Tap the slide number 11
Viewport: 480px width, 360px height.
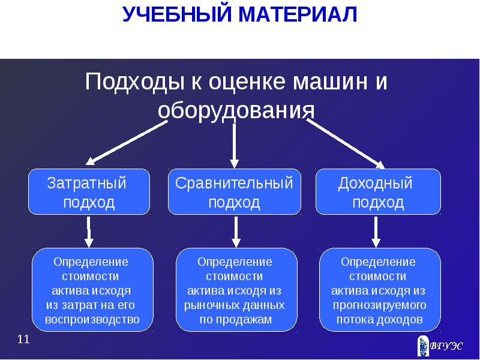coord(23,340)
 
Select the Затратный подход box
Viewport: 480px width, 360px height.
coord(89,192)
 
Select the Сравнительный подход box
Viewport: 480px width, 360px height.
coord(234,192)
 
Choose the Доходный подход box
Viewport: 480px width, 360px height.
coord(378,192)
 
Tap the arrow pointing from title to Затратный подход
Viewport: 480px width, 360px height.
coord(127,142)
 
